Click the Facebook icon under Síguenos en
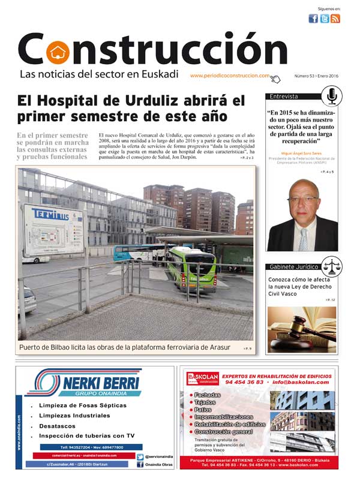(313, 19)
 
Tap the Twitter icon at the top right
(324, 19)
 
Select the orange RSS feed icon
(335, 19)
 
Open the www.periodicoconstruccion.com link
(230, 76)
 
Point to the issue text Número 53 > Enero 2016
(316, 76)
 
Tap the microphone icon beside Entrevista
(331, 96)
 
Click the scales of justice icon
(331, 265)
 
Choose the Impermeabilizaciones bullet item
(224, 417)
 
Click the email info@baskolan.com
(300, 382)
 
